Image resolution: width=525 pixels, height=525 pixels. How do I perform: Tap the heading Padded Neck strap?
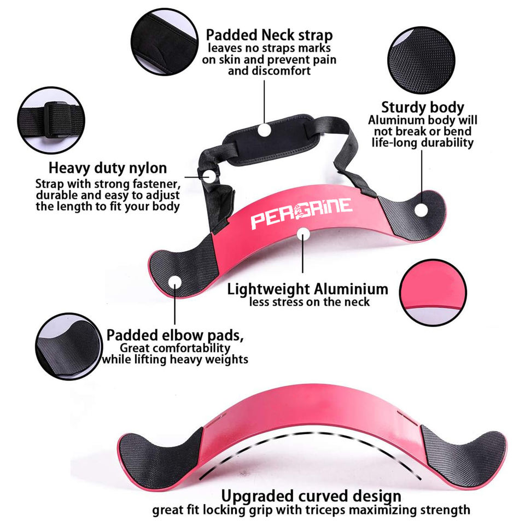(269, 36)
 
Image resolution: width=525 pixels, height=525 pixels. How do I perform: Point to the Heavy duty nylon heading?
(108, 168)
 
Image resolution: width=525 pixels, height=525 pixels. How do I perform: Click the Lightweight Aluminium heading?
(307, 288)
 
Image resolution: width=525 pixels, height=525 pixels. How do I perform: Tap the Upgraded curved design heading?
(311, 497)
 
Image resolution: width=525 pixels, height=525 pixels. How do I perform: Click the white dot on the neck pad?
(265, 130)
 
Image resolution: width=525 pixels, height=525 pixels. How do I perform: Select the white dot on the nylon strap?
(210, 176)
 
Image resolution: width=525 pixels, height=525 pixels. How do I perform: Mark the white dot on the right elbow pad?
(421, 209)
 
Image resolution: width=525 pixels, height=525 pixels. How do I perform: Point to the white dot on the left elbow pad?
(175, 282)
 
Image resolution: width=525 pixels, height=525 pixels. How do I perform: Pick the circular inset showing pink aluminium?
(432, 292)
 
